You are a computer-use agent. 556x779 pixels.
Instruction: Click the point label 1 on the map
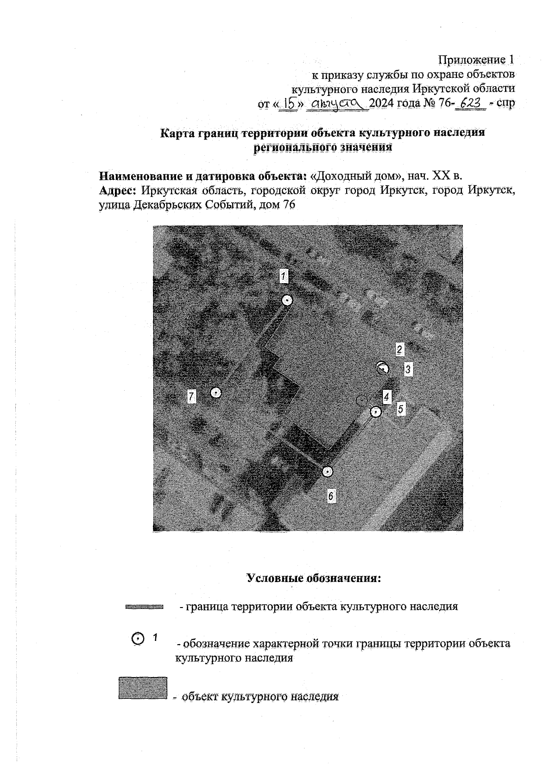point(284,276)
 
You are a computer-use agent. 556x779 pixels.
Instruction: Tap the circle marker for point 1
point(287,300)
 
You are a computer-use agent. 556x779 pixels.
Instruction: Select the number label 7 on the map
point(191,396)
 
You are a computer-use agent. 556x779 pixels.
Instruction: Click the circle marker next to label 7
point(215,393)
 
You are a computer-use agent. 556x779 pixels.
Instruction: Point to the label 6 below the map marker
point(330,496)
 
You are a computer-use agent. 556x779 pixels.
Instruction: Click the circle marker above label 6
point(328,472)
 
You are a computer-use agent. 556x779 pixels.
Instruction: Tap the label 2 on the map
point(400,349)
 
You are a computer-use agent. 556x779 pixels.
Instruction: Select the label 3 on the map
point(408,369)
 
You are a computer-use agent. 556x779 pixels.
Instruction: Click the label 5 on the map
point(401,409)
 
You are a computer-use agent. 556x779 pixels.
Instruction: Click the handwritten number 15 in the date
point(291,103)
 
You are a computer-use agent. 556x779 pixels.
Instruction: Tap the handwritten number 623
point(470,103)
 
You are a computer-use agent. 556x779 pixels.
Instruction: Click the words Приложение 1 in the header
point(477,60)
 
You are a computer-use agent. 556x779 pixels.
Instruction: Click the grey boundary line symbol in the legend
point(144,606)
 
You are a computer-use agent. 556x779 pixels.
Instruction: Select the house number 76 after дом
point(288,205)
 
